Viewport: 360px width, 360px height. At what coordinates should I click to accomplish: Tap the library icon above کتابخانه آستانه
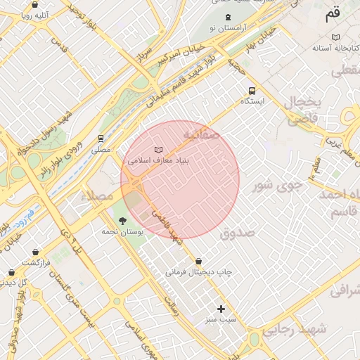click(x=336, y=37)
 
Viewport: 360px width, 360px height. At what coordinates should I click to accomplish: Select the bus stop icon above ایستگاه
click(x=252, y=91)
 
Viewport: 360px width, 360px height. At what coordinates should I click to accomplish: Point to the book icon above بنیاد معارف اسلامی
click(x=159, y=150)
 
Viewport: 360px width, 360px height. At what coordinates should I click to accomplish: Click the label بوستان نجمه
click(x=122, y=231)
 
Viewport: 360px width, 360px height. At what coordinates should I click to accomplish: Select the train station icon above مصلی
click(x=101, y=139)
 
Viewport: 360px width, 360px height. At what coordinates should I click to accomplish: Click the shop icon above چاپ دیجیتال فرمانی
click(x=198, y=261)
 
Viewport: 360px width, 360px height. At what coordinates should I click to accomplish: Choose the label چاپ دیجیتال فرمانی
click(x=198, y=271)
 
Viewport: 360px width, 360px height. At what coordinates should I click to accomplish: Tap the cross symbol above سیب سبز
click(x=221, y=309)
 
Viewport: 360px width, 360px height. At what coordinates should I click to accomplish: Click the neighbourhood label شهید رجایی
click(x=303, y=328)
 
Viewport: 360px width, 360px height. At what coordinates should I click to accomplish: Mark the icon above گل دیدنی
click(x=11, y=272)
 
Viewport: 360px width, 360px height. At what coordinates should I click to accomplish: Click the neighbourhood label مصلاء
click(x=96, y=195)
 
